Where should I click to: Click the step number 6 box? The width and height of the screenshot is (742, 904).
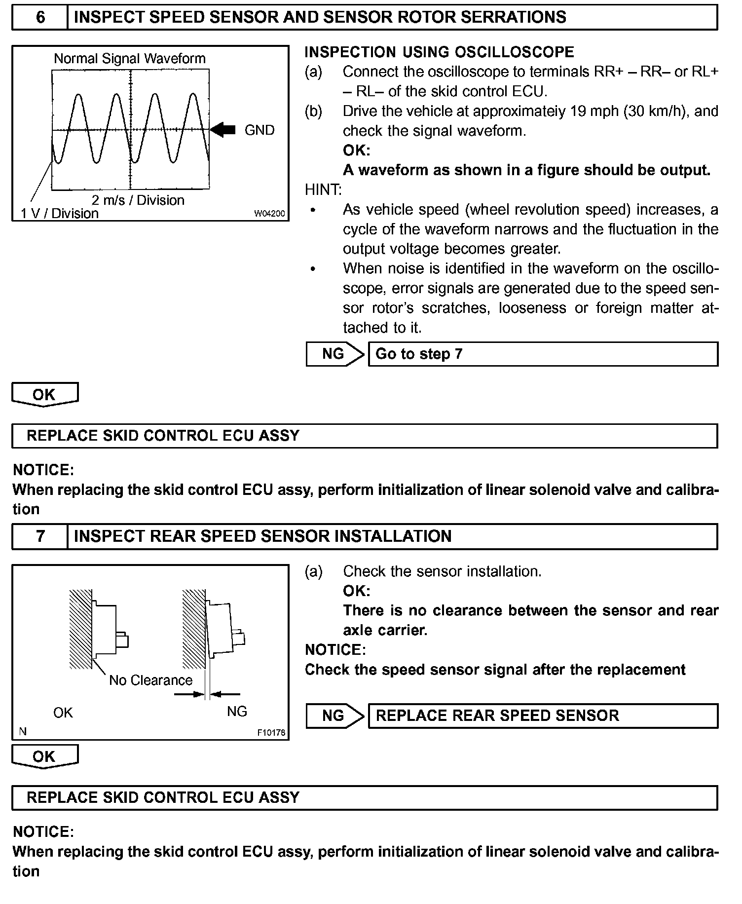(x=40, y=18)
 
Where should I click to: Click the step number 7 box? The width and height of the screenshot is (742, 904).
(x=40, y=536)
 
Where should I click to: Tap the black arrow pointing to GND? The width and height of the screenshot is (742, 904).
(x=223, y=130)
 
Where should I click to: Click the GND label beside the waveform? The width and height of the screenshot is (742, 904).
(x=259, y=130)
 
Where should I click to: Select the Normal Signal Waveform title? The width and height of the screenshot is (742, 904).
(x=129, y=59)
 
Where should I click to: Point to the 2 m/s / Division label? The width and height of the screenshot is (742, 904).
(x=138, y=200)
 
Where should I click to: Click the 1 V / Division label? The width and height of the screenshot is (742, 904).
(x=60, y=214)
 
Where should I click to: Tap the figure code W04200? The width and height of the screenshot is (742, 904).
(x=269, y=214)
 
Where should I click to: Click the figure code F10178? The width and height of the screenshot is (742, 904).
(x=271, y=733)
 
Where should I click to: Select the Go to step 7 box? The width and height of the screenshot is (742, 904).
(x=543, y=354)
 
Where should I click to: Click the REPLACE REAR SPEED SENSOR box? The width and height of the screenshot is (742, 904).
(x=543, y=716)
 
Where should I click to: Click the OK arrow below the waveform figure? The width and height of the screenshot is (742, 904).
(x=44, y=395)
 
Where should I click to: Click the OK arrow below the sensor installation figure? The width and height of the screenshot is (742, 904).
(x=44, y=756)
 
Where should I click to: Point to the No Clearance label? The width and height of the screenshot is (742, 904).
(x=150, y=680)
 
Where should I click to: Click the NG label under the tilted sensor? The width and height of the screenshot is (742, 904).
(x=237, y=712)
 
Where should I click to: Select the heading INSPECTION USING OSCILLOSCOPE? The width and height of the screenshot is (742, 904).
(x=439, y=52)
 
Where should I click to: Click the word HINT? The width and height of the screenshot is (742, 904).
(x=323, y=190)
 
